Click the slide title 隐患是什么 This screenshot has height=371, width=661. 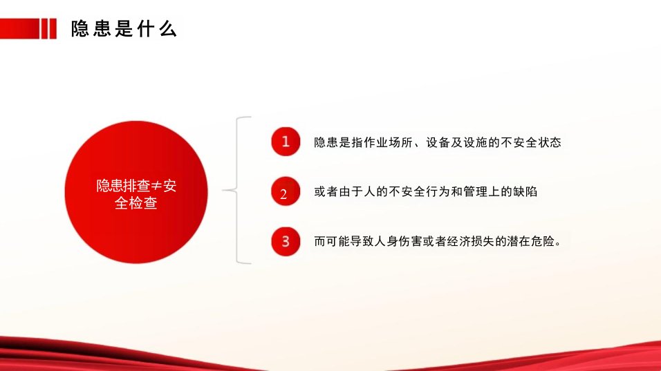click(124, 28)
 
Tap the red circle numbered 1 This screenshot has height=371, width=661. click(286, 142)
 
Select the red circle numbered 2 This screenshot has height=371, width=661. click(286, 191)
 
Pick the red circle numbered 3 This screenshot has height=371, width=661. click(286, 241)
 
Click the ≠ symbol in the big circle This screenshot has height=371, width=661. click(156, 186)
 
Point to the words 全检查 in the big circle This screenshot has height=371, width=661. click(136, 203)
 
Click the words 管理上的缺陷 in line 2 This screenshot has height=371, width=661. click(501, 191)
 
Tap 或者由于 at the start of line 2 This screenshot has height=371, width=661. click(339, 191)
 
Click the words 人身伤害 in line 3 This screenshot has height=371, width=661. click(398, 241)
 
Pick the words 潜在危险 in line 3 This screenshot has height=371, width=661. click(531, 241)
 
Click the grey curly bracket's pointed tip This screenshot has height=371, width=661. click(223, 191)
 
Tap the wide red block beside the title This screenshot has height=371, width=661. click(20, 28)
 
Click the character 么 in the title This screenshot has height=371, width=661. click(168, 28)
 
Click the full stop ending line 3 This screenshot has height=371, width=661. click(559, 244)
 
